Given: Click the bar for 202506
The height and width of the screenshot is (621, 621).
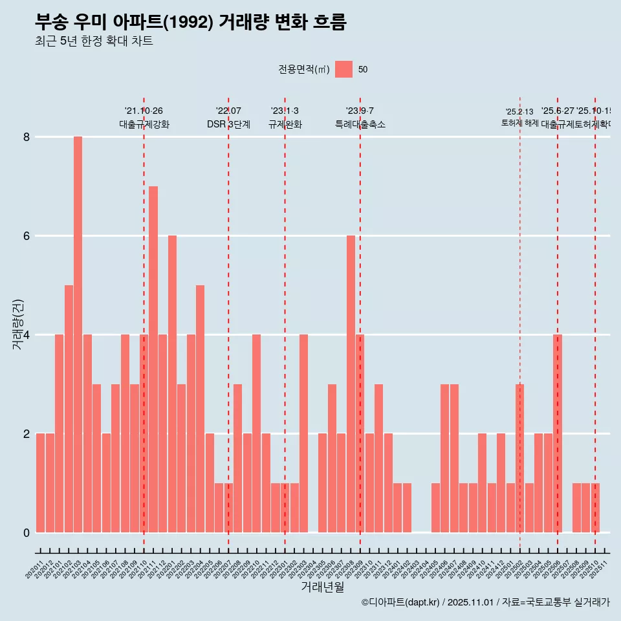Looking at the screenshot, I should point(558,433).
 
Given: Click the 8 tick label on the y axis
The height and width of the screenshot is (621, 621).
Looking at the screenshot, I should point(27,137).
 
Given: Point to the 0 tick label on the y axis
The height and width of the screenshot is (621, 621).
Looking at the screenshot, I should point(27,533).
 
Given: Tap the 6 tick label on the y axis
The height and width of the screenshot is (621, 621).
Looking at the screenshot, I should point(27,236).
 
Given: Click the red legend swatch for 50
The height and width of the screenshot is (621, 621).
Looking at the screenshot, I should point(343,69).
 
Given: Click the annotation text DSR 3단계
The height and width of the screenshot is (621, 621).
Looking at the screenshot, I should point(228,124).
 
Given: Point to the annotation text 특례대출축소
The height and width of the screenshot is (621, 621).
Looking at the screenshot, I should point(360,124).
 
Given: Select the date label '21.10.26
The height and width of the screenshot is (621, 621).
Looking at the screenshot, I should point(144,111).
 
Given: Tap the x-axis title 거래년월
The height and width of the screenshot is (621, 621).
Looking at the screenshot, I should point(322,587).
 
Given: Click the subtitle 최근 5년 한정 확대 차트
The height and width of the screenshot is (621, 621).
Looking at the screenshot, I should point(94,41).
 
